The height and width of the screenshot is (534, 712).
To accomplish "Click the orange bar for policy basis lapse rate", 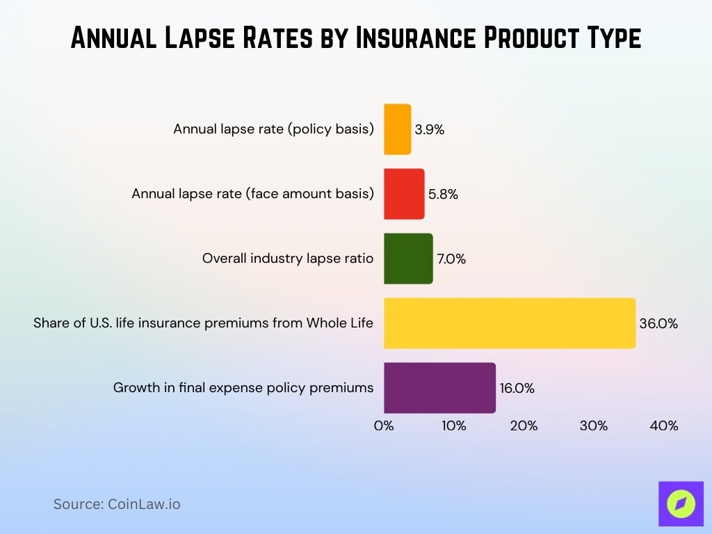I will click(398, 129).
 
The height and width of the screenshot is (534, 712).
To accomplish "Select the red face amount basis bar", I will click(404, 194).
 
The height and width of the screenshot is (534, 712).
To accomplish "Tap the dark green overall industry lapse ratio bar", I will click(408, 259).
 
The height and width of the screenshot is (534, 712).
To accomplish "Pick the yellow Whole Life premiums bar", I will click(510, 323).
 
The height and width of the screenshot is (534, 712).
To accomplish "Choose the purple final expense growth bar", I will click(439, 388).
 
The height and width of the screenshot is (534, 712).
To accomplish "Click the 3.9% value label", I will click(429, 130).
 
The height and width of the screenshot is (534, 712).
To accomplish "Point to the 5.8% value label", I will click(443, 195).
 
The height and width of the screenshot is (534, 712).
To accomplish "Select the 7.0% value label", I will click(451, 259).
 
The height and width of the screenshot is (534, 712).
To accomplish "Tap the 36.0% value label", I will click(658, 323).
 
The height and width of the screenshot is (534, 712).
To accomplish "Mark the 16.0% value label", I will click(517, 389).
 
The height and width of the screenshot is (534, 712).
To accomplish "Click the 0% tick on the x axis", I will click(384, 426).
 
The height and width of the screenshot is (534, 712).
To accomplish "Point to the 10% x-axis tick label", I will click(453, 426).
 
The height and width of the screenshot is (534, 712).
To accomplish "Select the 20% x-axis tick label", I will click(524, 426).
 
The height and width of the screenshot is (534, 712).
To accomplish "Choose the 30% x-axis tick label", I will click(594, 426).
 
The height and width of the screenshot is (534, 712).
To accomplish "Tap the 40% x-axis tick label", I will click(663, 426).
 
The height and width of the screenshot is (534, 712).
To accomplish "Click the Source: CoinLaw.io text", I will click(117, 504).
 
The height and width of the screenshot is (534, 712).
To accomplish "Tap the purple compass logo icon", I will click(681, 503).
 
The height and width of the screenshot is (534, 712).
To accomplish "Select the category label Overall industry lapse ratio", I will click(288, 259).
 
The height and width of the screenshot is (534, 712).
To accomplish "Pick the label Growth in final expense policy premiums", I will click(243, 388).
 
